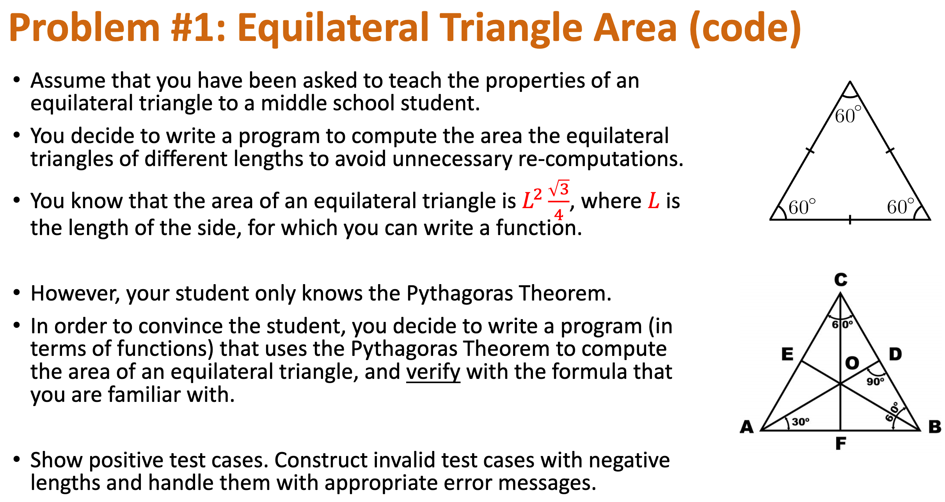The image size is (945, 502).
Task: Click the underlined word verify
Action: pyautogui.click(x=433, y=372)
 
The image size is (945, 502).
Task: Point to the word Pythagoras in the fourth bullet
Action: pyautogui.click(x=459, y=293)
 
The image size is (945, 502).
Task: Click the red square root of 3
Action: pyautogui.click(x=560, y=189)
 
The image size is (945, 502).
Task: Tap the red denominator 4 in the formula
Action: pyautogui.click(x=559, y=214)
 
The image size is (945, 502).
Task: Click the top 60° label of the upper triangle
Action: pyautogui.click(x=847, y=115)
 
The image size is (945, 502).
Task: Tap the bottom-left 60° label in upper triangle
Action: pyautogui.click(x=802, y=207)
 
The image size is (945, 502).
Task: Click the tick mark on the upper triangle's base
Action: pyautogui.click(x=850, y=220)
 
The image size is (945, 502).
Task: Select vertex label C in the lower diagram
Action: pyautogui.click(x=841, y=279)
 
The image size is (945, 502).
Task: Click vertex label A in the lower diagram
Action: pyautogui.click(x=747, y=426)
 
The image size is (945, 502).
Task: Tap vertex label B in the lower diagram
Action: pyautogui.click(x=935, y=426)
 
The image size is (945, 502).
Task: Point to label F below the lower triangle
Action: pyautogui.click(x=841, y=444)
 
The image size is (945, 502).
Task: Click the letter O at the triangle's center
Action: pyautogui.click(x=852, y=363)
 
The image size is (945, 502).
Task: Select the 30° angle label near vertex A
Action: pyautogui.click(x=801, y=422)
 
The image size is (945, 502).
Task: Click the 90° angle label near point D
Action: pyautogui.click(x=875, y=381)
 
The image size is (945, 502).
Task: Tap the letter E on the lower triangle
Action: pyautogui.click(x=787, y=354)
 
